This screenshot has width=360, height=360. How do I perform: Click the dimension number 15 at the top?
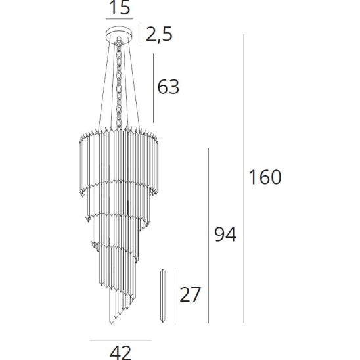(x=120, y=7)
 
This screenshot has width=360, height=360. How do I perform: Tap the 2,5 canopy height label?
(x=159, y=35)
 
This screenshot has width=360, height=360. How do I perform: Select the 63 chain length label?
(x=168, y=87)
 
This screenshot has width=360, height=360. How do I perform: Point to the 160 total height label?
(x=265, y=177)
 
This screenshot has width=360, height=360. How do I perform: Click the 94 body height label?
(x=225, y=234)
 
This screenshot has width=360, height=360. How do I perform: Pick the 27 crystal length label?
(x=190, y=294)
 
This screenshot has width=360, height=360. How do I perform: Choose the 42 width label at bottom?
(x=121, y=353)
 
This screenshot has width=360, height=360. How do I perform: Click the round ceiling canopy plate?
(x=119, y=35)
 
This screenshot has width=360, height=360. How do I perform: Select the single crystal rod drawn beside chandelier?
(x=163, y=296)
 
